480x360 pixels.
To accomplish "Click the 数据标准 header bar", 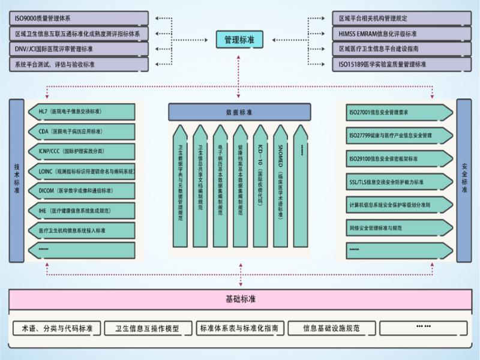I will [x=239, y=112].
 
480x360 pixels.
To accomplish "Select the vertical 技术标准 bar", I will [x=17, y=180].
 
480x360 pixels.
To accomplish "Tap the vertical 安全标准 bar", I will [x=464, y=180].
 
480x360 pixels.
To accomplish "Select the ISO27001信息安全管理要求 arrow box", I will [x=399, y=112].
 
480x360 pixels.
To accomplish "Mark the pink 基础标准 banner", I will [x=239, y=298].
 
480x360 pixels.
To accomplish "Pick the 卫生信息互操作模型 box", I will [x=149, y=328].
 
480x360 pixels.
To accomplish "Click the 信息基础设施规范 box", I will [x=331, y=328].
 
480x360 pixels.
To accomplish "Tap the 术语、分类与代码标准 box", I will [x=56, y=328].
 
